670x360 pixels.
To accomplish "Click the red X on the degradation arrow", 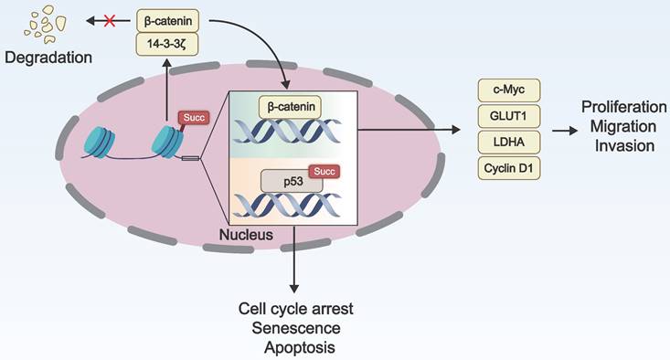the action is [110, 20].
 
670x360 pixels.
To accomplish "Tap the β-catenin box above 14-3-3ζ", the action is [167, 21].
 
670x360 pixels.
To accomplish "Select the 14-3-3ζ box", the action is [167, 44].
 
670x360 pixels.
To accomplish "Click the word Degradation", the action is [48, 58].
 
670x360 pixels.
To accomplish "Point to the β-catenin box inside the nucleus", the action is [290, 107].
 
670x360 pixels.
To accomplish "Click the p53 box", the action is [292, 181].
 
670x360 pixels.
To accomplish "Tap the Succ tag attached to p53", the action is [324, 171].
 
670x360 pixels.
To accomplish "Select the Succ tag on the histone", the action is [194, 118].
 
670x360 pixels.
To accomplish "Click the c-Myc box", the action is [509, 90].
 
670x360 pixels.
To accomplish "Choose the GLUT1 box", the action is [509, 116].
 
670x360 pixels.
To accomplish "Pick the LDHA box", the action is [509, 143].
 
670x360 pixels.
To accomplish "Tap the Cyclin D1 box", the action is [509, 168].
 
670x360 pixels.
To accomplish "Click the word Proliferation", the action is [624, 107].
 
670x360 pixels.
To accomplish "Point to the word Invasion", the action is [624, 145].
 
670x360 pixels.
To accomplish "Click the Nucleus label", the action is [246, 235].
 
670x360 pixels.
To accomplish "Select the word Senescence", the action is [296, 328].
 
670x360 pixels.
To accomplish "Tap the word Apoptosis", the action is [300, 347].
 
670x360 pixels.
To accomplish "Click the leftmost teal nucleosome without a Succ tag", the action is [100, 143].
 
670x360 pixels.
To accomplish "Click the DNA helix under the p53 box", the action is [287, 206].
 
